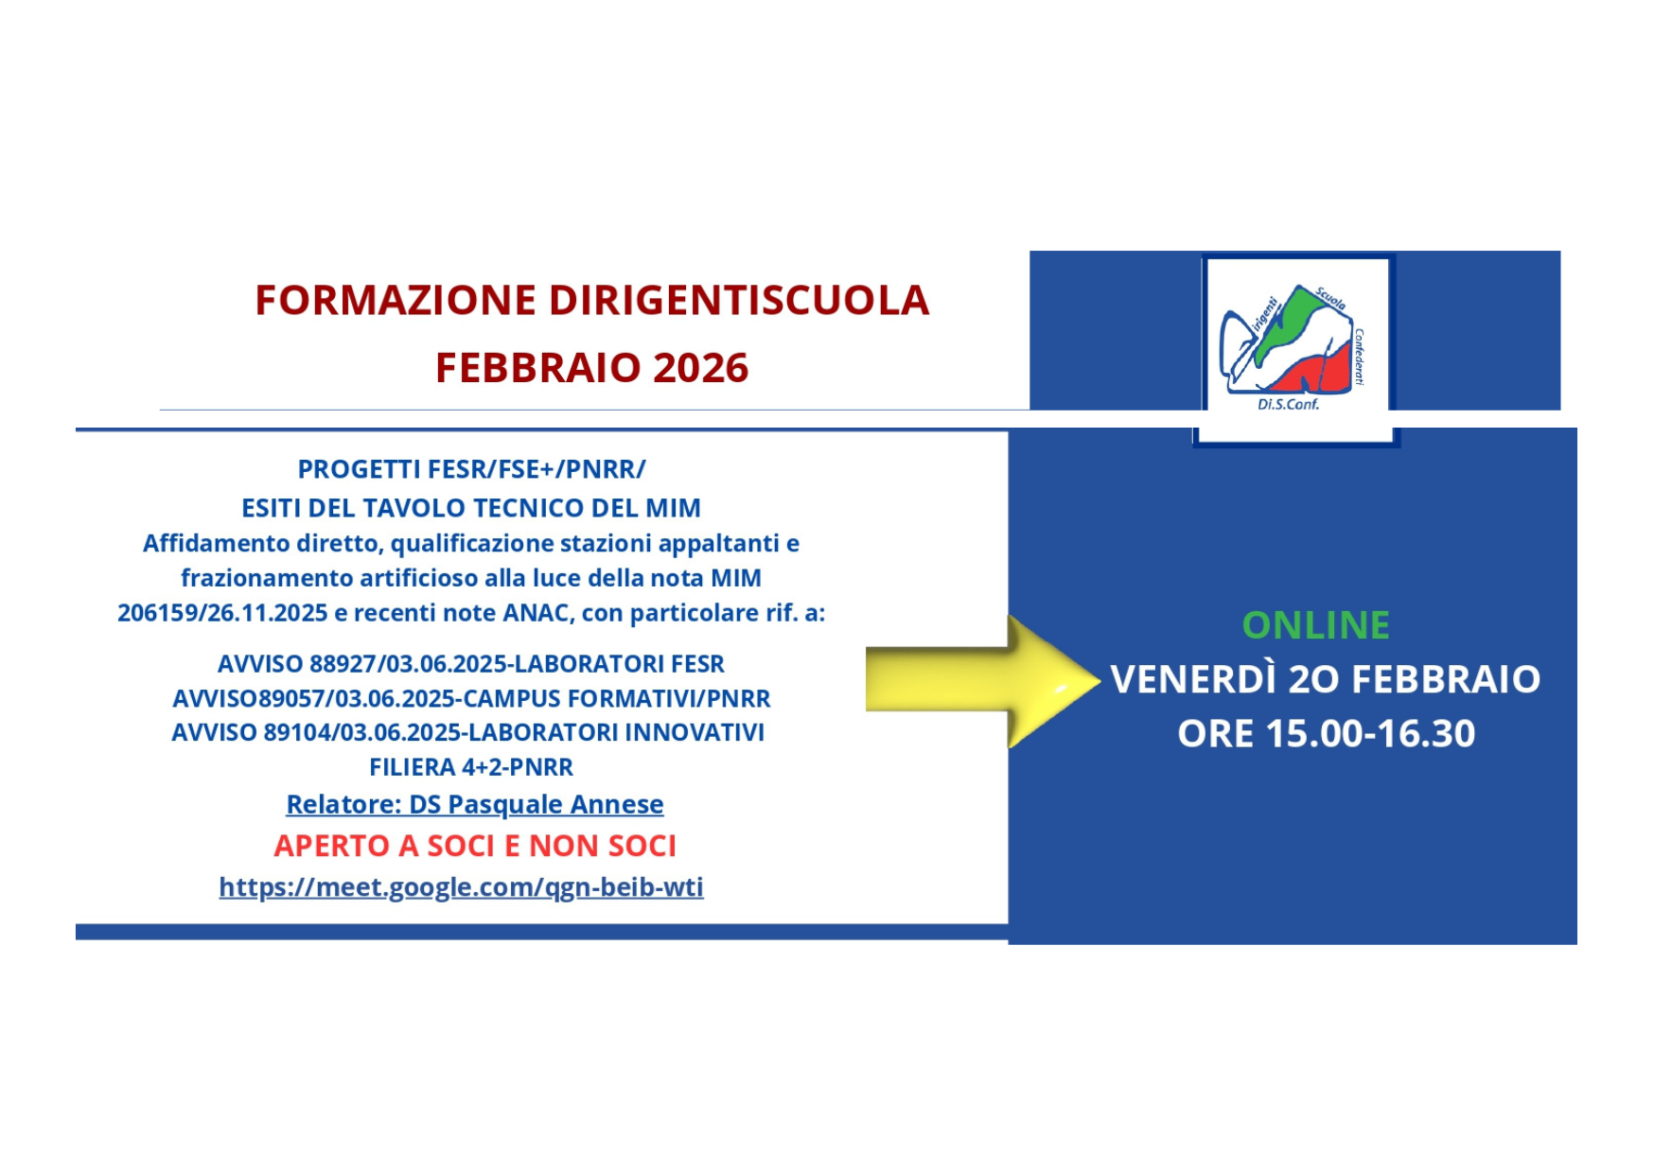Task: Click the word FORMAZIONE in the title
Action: click(396, 300)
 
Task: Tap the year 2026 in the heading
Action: click(700, 367)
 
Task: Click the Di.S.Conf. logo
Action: click(1294, 348)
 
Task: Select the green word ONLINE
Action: click(1315, 625)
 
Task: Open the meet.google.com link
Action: click(461, 887)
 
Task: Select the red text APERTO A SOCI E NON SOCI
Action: click(475, 846)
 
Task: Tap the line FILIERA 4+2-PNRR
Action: click(471, 767)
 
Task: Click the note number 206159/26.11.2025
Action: click(222, 613)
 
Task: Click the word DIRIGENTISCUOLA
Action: click(739, 300)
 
